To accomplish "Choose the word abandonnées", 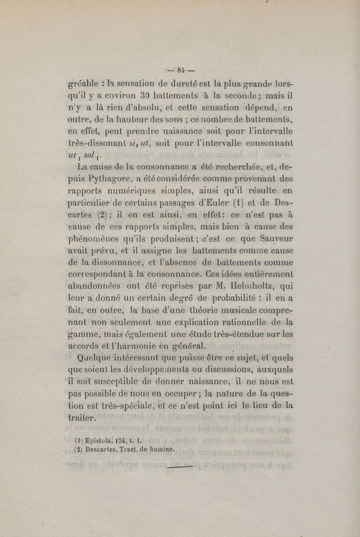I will point(94,286).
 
